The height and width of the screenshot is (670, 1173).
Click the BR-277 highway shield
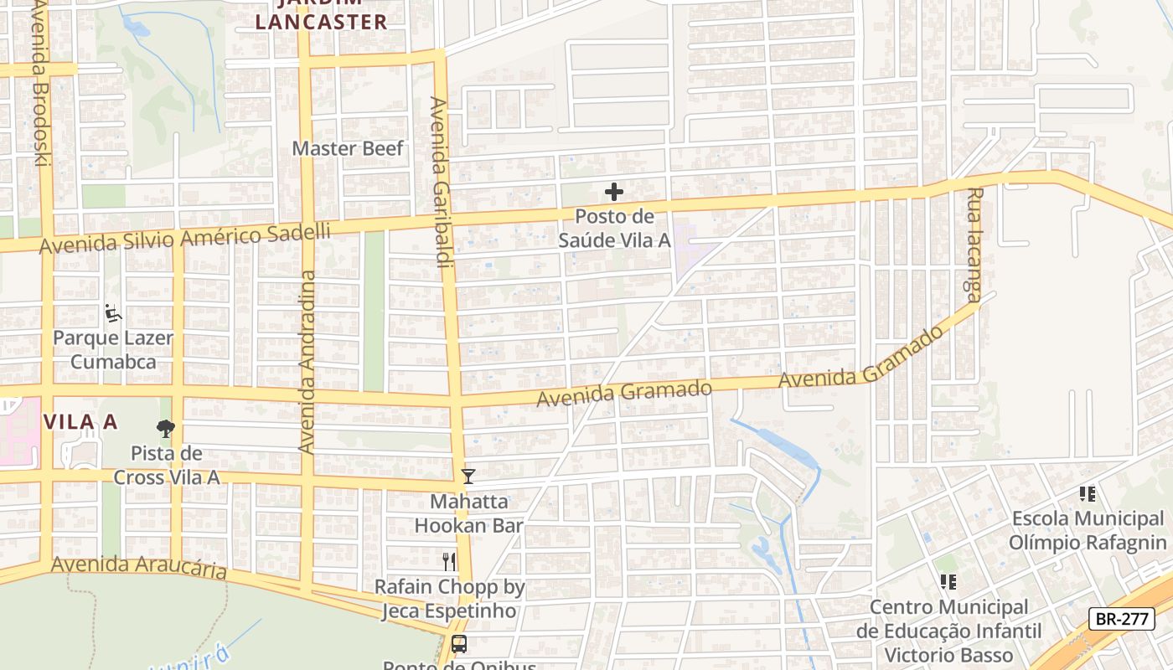(x=1122, y=619)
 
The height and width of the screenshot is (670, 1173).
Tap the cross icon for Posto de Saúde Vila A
(x=614, y=192)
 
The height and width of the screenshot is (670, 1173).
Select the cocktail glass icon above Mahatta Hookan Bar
(x=468, y=477)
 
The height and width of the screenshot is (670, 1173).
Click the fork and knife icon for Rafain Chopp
(x=450, y=561)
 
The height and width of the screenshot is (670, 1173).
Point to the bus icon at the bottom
(x=459, y=644)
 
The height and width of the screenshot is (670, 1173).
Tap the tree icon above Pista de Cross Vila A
(x=166, y=429)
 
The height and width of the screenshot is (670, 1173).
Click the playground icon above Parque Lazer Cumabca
(x=113, y=314)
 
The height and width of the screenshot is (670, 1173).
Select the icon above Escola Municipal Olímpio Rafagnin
(x=1088, y=494)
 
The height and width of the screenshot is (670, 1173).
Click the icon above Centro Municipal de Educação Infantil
(x=948, y=581)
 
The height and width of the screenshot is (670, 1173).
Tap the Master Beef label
(x=348, y=148)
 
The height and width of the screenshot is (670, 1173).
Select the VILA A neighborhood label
(x=80, y=422)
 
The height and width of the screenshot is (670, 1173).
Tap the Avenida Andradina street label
(x=307, y=362)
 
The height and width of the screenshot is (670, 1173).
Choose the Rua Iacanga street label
(x=973, y=244)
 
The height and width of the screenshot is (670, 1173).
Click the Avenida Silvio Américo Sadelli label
(x=185, y=238)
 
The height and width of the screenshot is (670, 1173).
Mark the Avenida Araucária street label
(x=138, y=567)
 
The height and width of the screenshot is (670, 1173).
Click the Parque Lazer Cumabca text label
(x=113, y=350)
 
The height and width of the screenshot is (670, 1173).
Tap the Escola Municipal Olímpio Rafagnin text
(x=1088, y=530)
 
